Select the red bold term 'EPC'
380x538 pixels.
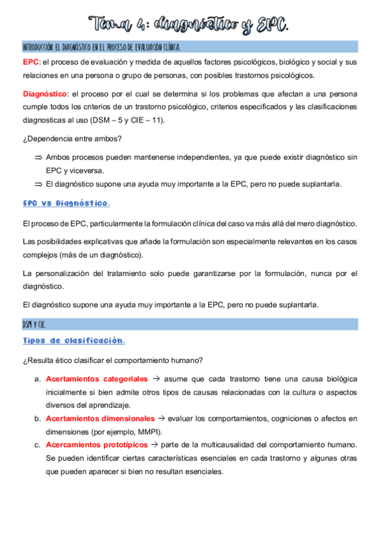click(30, 62)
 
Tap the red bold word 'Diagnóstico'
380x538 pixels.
click(44, 94)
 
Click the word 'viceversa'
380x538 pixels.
click(82, 171)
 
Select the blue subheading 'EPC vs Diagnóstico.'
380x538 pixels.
click(66, 204)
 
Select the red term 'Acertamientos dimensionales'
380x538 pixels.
click(100, 418)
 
